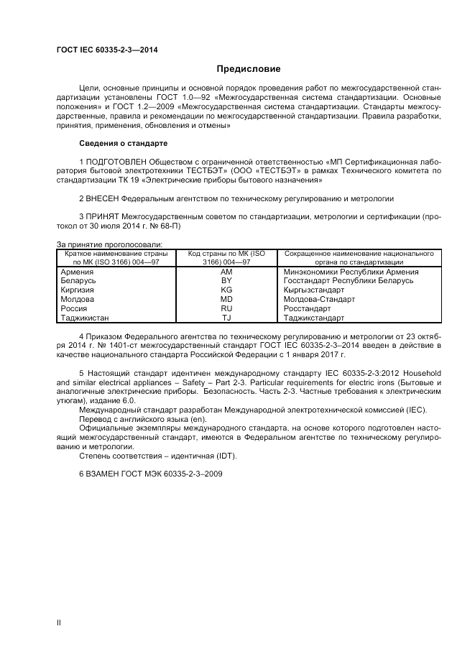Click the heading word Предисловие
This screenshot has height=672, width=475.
(249, 69)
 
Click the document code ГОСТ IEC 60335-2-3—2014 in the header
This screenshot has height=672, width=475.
(107, 50)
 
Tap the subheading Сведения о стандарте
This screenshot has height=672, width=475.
(123, 143)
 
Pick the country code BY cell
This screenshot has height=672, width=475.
(226, 281)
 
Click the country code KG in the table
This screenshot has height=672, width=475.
(226, 290)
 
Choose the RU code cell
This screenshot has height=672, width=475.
(226, 308)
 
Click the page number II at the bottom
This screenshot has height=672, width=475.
(59, 622)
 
